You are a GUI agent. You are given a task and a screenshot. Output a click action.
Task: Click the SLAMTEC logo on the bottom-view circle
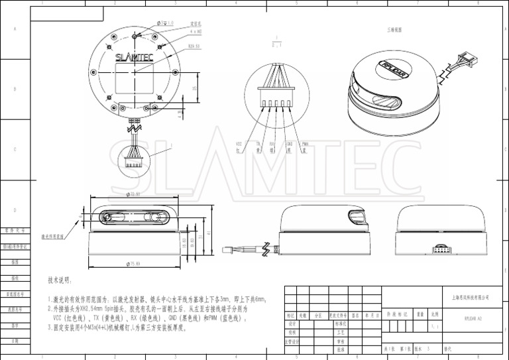[135, 58]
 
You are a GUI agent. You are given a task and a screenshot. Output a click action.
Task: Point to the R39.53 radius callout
[194, 46]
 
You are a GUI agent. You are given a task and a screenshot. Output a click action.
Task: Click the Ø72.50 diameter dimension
[135, 195]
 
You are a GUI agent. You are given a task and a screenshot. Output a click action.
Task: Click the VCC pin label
[239, 143]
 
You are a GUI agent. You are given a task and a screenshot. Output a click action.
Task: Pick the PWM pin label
[305, 143]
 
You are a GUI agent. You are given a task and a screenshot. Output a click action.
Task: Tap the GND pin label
[290, 143]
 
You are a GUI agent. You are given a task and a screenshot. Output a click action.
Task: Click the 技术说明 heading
[60, 281]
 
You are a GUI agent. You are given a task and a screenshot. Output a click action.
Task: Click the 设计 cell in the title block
[292, 324]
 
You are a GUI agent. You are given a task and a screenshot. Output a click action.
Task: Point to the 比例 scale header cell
[435, 315]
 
